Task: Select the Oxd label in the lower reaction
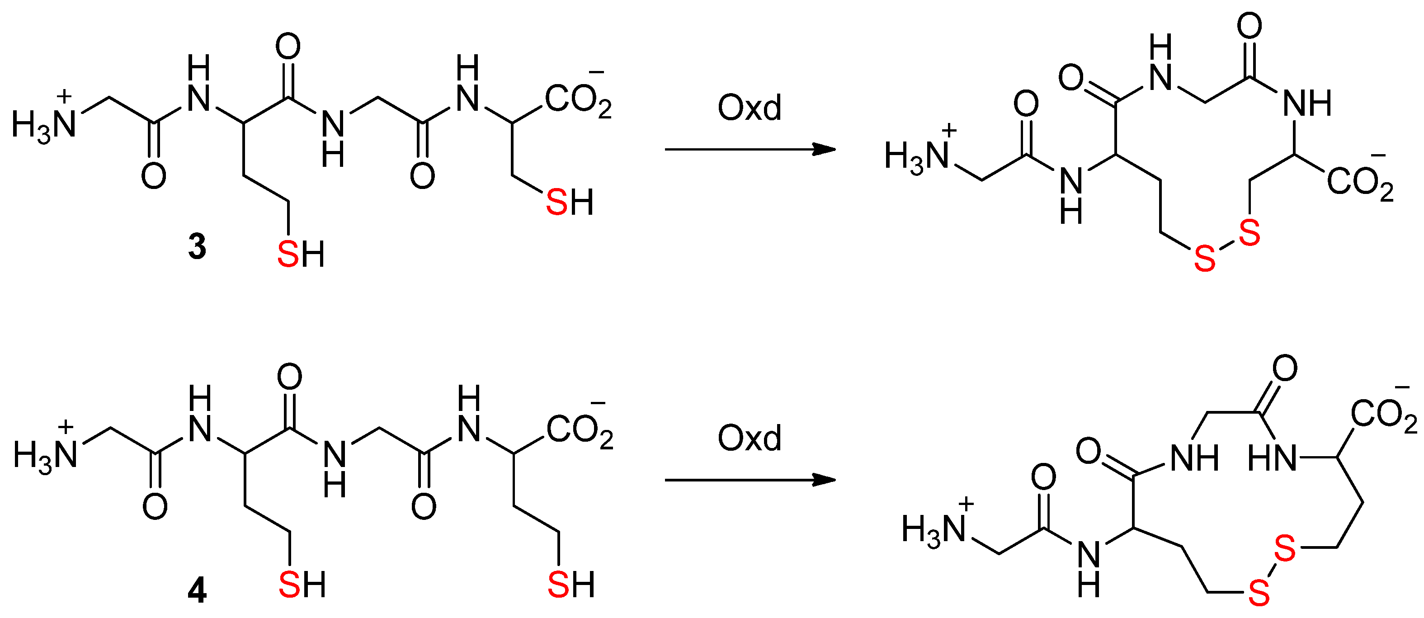pyautogui.click(x=749, y=439)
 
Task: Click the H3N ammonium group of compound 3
pyautogui.click(x=44, y=123)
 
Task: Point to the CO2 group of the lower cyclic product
pyautogui.click(x=1383, y=414)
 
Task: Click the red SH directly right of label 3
pyautogui.click(x=301, y=254)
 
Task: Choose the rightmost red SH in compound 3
pyautogui.click(x=570, y=203)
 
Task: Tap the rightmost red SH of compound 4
pyautogui.click(x=571, y=585)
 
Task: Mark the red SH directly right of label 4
pyautogui.click(x=302, y=585)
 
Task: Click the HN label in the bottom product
pyautogui.click(x=1271, y=458)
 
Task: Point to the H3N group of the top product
pyautogui.click(x=916, y=156)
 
